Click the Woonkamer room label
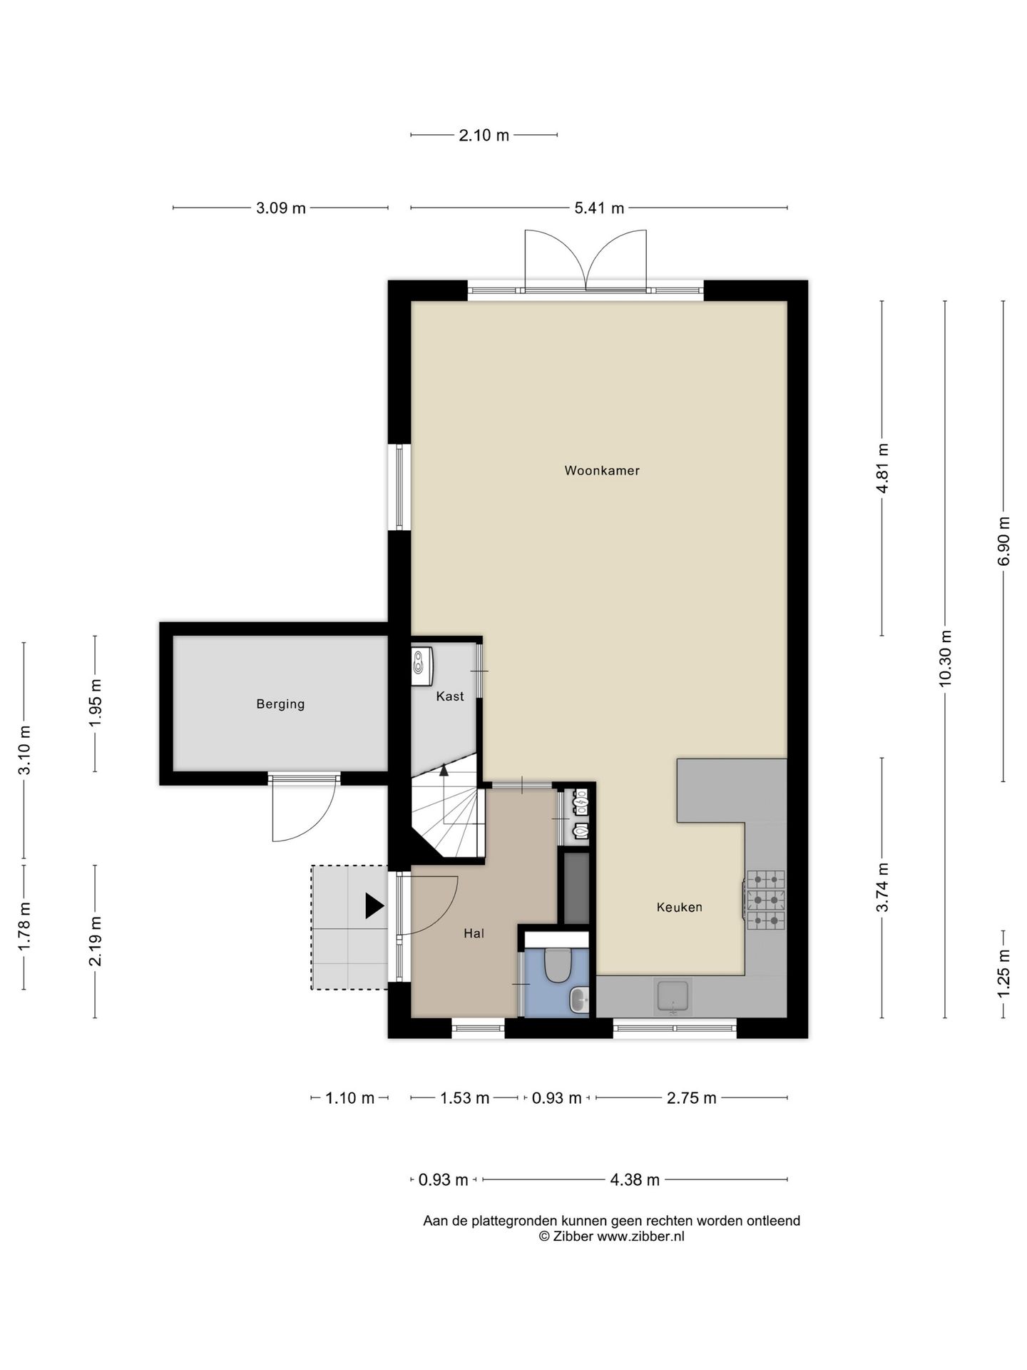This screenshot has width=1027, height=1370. click(x=602, y=470)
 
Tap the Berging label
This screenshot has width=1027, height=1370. click(x=280, y=704)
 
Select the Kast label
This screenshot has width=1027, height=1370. click(x=450, y=696)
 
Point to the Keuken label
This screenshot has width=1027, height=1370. click(x=679, y=907)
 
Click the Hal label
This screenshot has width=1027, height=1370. click(x=474, y=933)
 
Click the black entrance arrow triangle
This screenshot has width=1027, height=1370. click(x=374, y=905)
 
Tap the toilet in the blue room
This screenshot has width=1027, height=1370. click(x=556, y=964)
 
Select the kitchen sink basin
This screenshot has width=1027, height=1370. click(x=673, y=996)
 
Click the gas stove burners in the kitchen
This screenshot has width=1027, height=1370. click(x=765, y=900)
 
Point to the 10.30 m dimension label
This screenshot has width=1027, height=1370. click(x=946, y=658)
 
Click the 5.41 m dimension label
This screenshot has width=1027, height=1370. click(x=599, y=208)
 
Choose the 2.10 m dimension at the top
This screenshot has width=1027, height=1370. click(x=484, y=135)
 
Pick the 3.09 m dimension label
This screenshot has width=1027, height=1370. click(x=280, y=208)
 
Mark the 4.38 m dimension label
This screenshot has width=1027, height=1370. click(x=635, y=1180)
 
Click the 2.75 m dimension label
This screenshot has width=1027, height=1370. click(x=691, y=1098)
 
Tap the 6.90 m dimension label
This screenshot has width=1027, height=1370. click(x=1003, y=541)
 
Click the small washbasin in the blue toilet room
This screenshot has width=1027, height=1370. click(x=579, y=999)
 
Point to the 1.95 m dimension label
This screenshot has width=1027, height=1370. click(x=95, y=704)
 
